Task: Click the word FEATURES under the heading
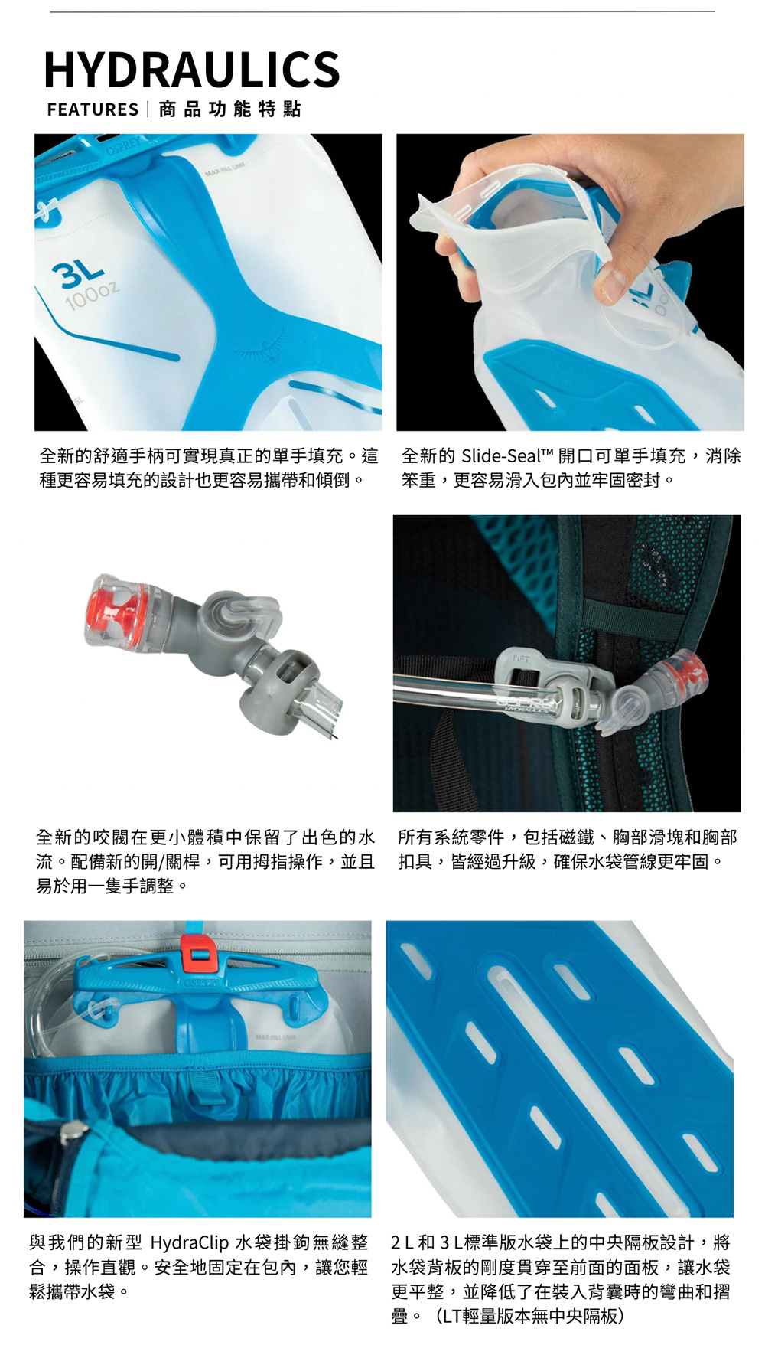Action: (x=93, y=109)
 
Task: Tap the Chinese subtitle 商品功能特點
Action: (x=229, y=109)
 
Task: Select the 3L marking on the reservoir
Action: (x=78, y=272)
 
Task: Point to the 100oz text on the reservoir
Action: (x=92, y=295)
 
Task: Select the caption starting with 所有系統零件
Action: (x=567, y=850)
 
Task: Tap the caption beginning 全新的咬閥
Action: (x=205, y=862)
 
